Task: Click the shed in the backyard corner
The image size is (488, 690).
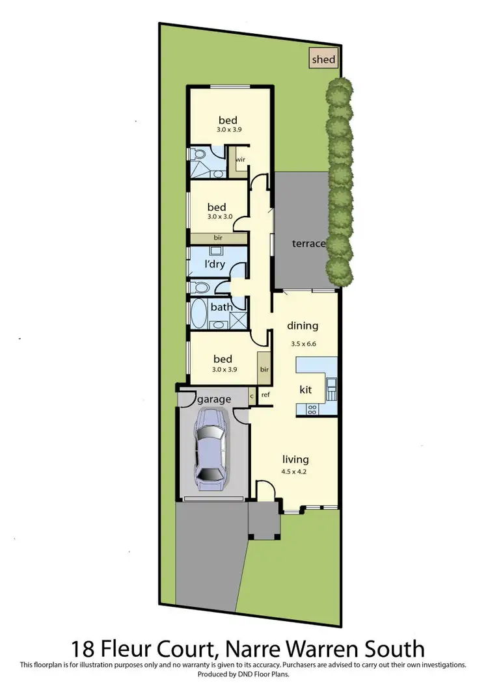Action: (x=323, y=59)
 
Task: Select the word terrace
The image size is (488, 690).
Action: (x=308, y=244)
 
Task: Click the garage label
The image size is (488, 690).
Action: (x=214, y=399)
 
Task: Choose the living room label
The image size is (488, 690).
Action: (x=295, y=458)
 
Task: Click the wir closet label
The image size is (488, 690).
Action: (x=240, y=159)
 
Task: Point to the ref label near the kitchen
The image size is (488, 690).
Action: (x=265, y=394)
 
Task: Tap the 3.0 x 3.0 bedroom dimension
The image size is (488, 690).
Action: (x=218, y=217)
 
